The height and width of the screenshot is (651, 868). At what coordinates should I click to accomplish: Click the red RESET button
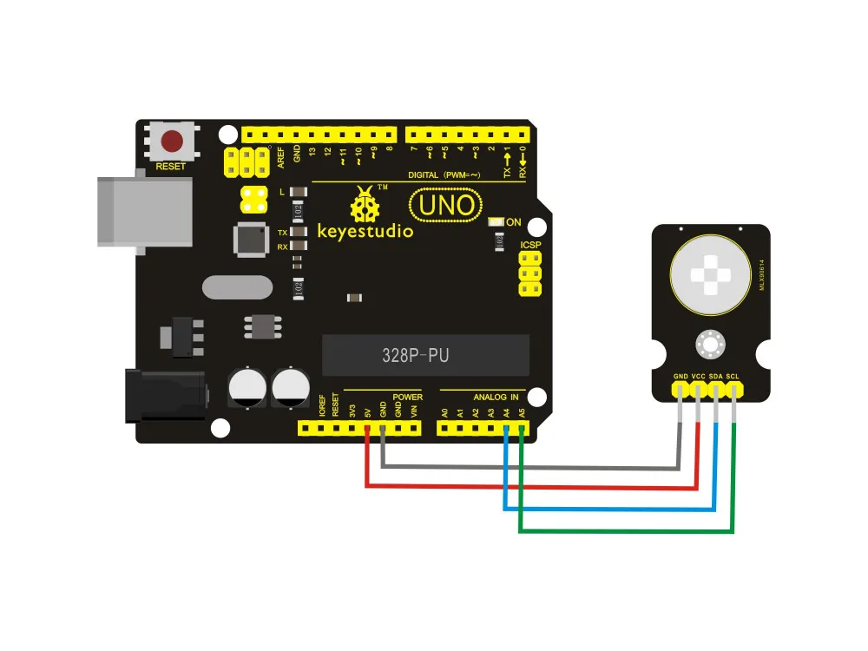(x=173, y=140)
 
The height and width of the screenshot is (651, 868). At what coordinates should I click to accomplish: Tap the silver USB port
(x=143, y=211)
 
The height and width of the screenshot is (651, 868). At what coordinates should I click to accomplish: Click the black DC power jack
(x=165, y=394)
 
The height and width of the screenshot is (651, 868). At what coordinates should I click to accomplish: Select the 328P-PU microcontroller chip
(x=416, y=355)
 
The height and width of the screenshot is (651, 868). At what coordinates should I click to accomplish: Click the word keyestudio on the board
(x=365, y=232)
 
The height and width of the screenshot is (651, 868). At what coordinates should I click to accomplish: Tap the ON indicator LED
(x=496, y=222)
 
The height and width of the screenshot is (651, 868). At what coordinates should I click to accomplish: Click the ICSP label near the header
(x=530, y=247)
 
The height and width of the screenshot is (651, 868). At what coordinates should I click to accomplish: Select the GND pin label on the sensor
(x=681, y=377)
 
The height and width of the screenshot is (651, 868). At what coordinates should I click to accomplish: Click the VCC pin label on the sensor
(x=698, y=377)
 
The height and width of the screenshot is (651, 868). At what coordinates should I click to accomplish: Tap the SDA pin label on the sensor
(x=716, y=377)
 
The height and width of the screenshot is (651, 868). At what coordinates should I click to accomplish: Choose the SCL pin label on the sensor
(x=733, y=377)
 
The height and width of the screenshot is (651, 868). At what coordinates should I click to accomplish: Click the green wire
(x=625, y=530)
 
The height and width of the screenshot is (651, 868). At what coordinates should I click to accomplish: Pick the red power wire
(x=529, y=487)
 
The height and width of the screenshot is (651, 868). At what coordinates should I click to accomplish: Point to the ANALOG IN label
(x=496, y=398)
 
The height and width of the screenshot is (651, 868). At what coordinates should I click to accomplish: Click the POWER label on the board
(x=407, y=398)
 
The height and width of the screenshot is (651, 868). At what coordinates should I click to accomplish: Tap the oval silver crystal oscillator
(x=232, y=286)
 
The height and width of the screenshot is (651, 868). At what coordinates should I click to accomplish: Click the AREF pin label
(x=281, y=156)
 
